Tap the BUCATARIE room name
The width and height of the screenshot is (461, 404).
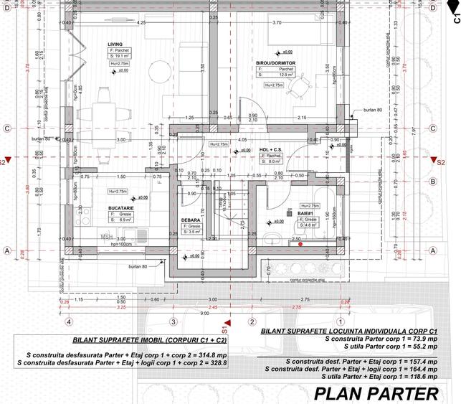click(121, 208)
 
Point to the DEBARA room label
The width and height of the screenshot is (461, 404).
click(191, 220)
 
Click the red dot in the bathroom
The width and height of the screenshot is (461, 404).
click(300, 245)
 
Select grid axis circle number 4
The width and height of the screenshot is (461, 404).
click(69, 322)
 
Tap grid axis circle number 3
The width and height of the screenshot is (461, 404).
click(172, 322)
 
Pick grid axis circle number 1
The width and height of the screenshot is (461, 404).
click(338, 322)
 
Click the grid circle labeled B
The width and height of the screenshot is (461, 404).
click(433, 182)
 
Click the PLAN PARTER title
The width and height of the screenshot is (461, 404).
click(376, 393)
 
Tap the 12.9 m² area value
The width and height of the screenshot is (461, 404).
click(287, 75)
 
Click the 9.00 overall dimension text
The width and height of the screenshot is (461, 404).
click(205, 314)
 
